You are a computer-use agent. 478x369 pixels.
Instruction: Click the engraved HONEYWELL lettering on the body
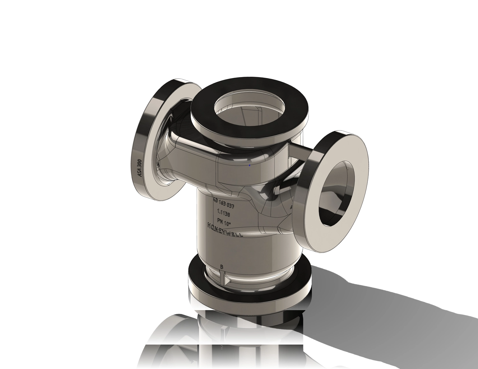point(225,230)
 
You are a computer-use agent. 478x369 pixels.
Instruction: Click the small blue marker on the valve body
point(250,165)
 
